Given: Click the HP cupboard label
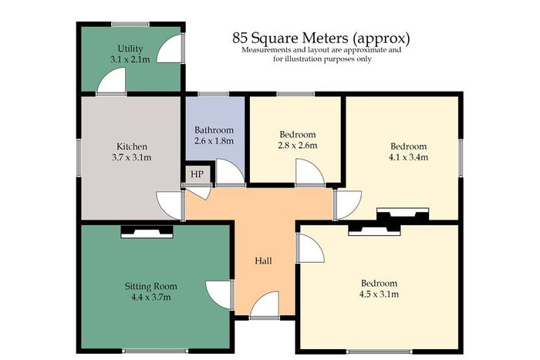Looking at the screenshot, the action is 197,174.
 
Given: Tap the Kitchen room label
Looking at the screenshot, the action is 132,146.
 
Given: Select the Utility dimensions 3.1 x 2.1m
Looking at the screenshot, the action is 130,59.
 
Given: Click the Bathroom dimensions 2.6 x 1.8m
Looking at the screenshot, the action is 214,141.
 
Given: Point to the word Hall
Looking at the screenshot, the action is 264,261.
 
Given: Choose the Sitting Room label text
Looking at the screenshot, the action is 151,286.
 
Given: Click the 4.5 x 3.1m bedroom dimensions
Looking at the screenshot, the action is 380,294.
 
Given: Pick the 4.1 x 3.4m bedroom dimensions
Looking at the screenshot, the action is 408,157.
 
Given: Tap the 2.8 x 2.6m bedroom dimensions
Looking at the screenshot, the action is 298,145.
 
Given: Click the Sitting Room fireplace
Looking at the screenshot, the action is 147,231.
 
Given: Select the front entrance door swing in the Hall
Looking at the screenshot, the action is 265,304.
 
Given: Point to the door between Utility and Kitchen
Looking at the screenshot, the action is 112,80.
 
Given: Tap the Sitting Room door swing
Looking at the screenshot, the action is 219,295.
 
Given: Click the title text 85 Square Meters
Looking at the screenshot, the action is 292,38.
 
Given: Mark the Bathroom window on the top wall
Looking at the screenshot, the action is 213,94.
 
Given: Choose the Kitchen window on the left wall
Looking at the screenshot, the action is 79,157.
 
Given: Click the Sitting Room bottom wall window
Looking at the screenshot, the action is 155,351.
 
